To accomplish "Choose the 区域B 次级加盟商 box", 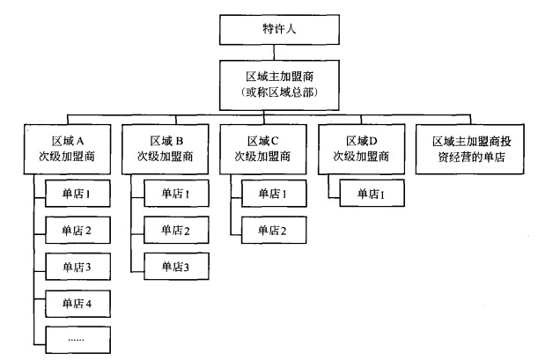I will click(166, 149).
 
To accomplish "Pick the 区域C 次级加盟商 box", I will click(262, 149).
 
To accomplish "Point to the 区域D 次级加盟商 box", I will click(360, 149).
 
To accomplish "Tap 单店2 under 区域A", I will click(77, 230).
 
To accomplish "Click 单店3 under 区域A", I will click(77, 266).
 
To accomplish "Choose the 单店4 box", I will click(77, 302).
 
